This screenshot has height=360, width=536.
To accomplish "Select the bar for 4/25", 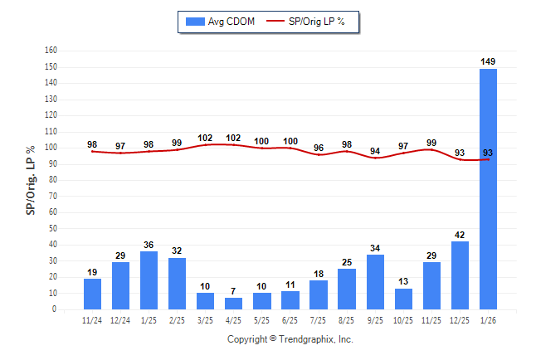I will click(x=234, y=304).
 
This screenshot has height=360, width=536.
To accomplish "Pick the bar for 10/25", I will click(x=404, y=299).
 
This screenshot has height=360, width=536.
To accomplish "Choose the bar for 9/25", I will click(x=376, y=282).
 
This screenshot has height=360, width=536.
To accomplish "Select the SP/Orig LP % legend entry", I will click(x=313, y=22).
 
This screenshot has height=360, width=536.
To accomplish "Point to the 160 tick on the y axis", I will click(x=51, y=51).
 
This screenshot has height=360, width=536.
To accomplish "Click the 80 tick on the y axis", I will click(x=53, y=180).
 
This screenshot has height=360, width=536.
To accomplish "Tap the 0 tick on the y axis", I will click(x=55, y=309).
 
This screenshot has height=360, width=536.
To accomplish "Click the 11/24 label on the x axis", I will click(x=92, y=319).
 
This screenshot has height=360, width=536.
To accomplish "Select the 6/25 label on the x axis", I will click(x=290, y=319).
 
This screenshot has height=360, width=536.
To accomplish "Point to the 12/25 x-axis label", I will click(x=460, y=319).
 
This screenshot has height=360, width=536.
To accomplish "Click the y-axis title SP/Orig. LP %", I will click(x=30, y=180).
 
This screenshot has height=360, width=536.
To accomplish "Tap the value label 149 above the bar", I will click(x=489, y=61).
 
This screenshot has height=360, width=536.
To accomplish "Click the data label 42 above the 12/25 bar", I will click(x=460, y=235).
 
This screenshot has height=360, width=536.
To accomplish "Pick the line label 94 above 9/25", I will click(x=376, y=151).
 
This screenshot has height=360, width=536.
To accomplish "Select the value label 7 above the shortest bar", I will click(x=234, y=291).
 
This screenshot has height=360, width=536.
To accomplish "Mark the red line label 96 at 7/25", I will click(x=319, y=148).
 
